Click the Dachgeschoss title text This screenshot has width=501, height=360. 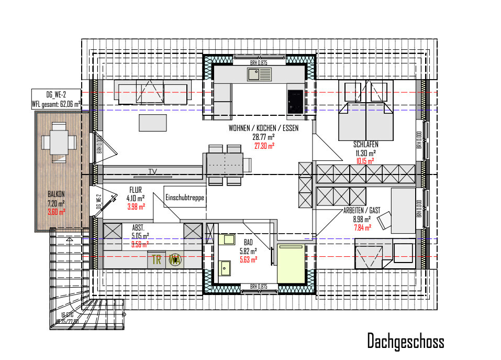point(405,341)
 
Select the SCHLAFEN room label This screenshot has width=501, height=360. point(365,144)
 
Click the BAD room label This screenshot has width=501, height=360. point(248,242)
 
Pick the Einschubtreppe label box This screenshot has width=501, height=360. point(184,198)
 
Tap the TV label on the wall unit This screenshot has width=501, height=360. point(152,171)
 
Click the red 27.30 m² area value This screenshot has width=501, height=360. point(264,146)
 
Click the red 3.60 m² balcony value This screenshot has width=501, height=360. point(57,212)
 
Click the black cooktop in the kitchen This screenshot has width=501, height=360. point(295,101)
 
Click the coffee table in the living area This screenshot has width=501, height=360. point(153,123)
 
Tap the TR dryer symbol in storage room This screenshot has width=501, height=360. point(156,259)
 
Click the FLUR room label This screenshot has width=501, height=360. point(137,190)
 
